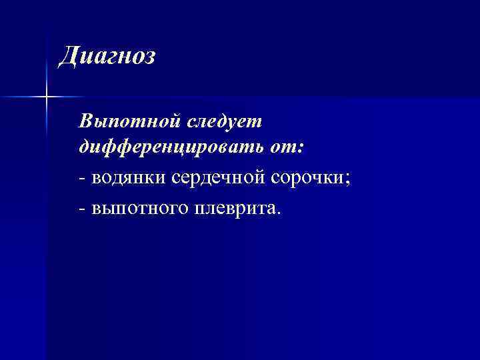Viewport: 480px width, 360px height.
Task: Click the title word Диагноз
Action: tap(107, 56)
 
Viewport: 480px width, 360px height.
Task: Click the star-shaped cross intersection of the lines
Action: tap(47, 97)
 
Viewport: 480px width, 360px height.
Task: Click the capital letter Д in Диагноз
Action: tap(67, 56)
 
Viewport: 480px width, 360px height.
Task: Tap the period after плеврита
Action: tap(281, 214)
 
